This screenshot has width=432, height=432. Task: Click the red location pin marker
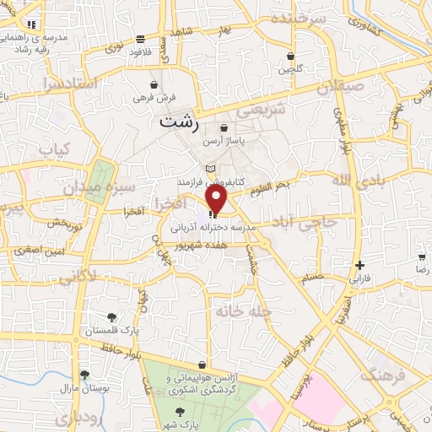[x=217, y=199]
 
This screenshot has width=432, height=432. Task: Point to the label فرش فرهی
[x=153, y=98]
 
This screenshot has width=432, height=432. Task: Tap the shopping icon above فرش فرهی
[x=153, y=84]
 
